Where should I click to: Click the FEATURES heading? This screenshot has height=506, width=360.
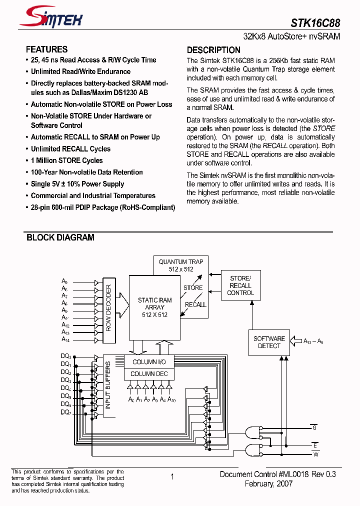click(46, 49)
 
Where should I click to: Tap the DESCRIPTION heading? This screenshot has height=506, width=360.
click(213, 50)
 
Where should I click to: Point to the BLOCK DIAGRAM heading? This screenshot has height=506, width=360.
click(60, 238)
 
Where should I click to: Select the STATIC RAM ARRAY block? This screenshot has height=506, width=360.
click(154, 307)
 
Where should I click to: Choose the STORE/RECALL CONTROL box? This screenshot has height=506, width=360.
click(240, 285)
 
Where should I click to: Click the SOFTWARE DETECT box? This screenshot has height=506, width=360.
click(269, 342)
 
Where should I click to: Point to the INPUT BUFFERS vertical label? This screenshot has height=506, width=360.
click(108, 385)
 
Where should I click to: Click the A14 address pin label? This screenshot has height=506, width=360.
click(65, 339)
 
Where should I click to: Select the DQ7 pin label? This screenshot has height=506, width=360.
click(66, 412)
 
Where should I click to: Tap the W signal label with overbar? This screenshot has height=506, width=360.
click(315, 454)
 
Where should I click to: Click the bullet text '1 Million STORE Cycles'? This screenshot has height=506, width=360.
click(66, 160)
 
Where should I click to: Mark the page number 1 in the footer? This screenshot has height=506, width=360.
click(172, 477)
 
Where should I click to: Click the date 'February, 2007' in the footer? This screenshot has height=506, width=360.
click(268, 484)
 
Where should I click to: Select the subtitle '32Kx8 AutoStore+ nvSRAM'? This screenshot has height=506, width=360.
click(291, 37)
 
